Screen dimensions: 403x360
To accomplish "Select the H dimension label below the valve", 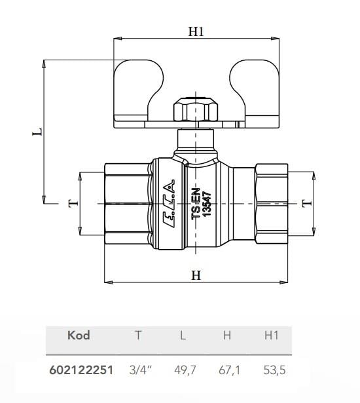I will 196,276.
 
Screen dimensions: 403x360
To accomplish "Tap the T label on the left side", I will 73,203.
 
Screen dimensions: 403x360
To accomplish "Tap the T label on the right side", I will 307,203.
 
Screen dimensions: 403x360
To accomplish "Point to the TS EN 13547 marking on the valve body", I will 200,205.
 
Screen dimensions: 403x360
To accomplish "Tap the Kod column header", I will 79,336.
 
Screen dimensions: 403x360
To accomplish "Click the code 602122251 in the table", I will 81,370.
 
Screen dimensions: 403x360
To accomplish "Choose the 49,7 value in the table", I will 183,370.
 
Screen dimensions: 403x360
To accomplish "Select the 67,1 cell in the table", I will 227,370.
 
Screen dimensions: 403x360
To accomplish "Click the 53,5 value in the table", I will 271,370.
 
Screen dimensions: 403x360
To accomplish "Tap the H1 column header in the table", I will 271,336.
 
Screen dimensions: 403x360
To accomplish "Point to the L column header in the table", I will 183,336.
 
